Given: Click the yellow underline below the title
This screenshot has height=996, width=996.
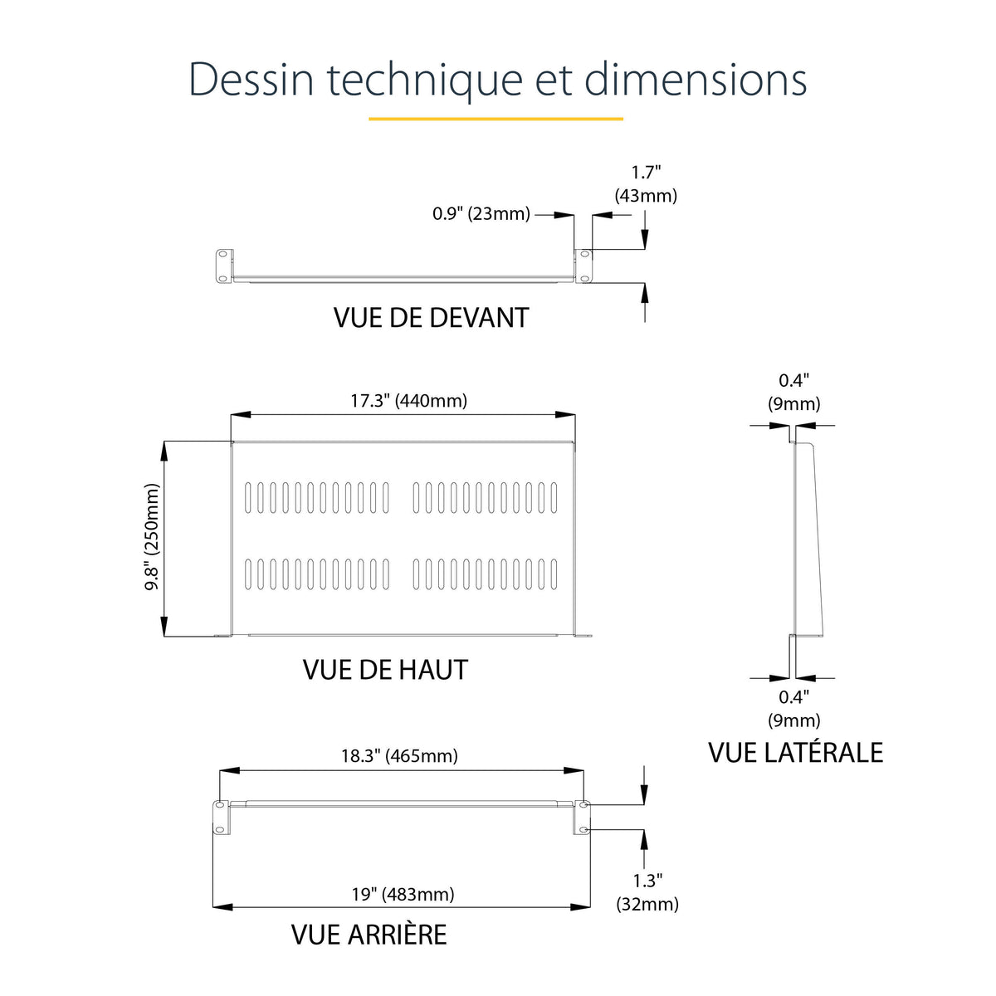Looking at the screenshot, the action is click(496, 119).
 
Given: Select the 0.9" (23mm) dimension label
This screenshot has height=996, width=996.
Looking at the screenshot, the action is click(481, 213).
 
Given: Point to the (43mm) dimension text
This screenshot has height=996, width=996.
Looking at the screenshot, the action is click(646, 195).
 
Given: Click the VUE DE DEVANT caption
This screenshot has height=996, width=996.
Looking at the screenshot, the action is click(431, 317).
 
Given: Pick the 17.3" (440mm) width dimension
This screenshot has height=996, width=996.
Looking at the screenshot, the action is click(409, 401).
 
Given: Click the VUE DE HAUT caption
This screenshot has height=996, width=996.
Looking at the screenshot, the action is click(385, 670).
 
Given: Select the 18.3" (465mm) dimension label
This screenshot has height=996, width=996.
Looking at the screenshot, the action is click(399, 756).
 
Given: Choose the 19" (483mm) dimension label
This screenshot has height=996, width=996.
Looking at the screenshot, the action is click(403, 895).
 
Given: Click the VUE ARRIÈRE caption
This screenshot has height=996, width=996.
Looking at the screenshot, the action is click(369, 935).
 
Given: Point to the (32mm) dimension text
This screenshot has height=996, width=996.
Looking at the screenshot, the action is click(647, 904).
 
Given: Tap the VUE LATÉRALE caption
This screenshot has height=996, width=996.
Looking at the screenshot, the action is click(795, 753).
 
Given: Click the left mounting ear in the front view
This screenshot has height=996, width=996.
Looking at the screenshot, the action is click(224, 266).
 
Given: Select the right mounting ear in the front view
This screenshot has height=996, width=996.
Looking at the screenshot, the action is click(583, 266).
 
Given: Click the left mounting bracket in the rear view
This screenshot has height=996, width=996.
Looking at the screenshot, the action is click(221, 818).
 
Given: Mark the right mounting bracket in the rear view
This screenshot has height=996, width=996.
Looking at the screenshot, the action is click(582, 818).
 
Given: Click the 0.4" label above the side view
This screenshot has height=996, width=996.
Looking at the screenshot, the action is click(793, 380).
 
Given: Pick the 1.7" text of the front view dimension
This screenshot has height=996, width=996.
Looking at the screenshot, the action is click(646, 172).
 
